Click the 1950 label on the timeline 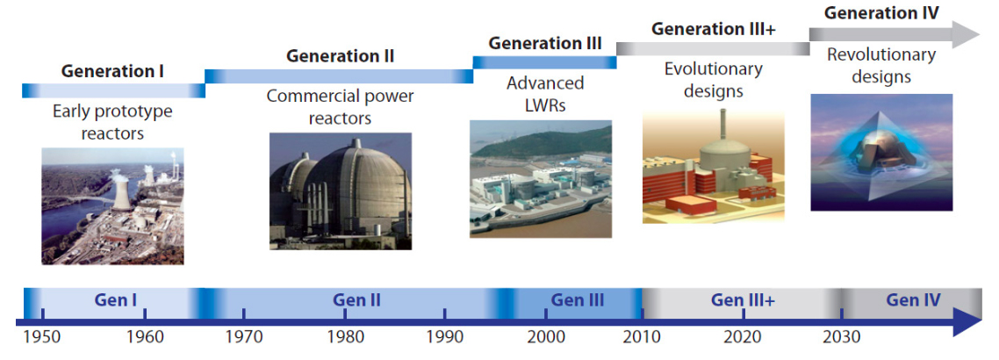tap(42, 337)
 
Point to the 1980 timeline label tap(345, 337)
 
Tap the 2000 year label tap(545, 337)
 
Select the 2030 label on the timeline tap(842, 337)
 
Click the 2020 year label tap(744, 337)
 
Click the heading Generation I tap(112, 70)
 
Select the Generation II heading tap(341, 56)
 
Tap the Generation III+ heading tap(714, 29)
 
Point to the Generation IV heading tap(881, 13)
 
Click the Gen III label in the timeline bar tap(578, 299)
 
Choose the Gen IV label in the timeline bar tap(913, 299)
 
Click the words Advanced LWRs tap(545, 93)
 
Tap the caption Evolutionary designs tap(713, 80)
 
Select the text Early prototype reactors tap(112, 122)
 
